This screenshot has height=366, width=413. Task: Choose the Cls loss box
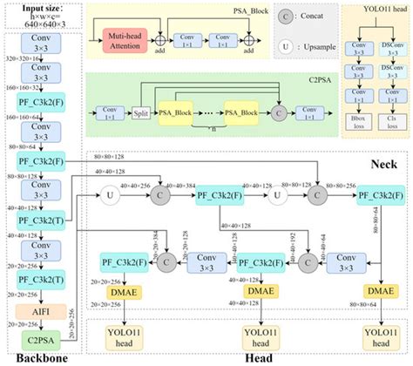click(x=393, y=118)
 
